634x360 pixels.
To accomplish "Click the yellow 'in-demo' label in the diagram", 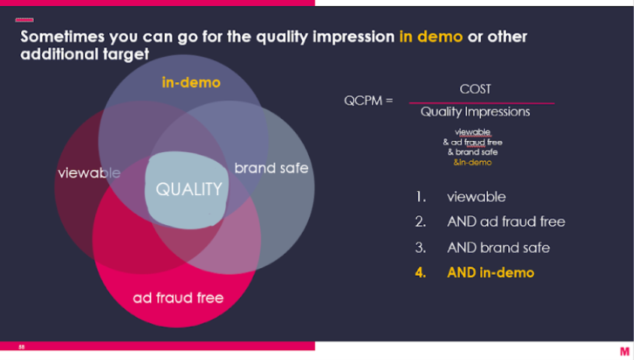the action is [x=191, y=83].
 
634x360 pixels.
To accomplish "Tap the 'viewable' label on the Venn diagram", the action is [x=90, y=173].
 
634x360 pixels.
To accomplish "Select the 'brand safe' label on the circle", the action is [x=271, y=168].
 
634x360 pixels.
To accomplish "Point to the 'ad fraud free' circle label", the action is [x=178, y=297].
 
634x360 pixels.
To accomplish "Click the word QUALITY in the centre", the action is [x=189, y=189].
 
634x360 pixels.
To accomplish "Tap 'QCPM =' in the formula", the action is [x=368, y=100].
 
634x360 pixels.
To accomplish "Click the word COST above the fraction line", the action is [x=475, y=89].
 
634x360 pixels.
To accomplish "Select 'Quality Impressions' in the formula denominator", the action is [x=475, y=111].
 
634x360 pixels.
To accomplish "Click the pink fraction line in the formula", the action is [x=482, y=103].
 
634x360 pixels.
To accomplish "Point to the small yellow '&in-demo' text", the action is [x=472, y=162].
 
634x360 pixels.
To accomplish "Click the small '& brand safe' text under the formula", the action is [x=472, y=152].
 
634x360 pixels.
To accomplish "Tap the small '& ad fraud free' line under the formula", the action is [x=472, y=142].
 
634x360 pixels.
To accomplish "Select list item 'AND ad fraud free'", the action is [x=506, y=221].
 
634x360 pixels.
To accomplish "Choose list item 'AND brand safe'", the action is [x=498, y=248].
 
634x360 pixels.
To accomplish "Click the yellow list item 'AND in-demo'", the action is [x=490, y=273].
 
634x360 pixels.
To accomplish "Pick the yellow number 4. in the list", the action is [x=420, y=273].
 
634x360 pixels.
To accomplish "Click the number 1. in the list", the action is [x=420, y=197].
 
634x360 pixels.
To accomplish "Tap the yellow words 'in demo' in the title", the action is [x=431, y=37].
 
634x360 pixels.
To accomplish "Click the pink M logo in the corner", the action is [x=625, y=351].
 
